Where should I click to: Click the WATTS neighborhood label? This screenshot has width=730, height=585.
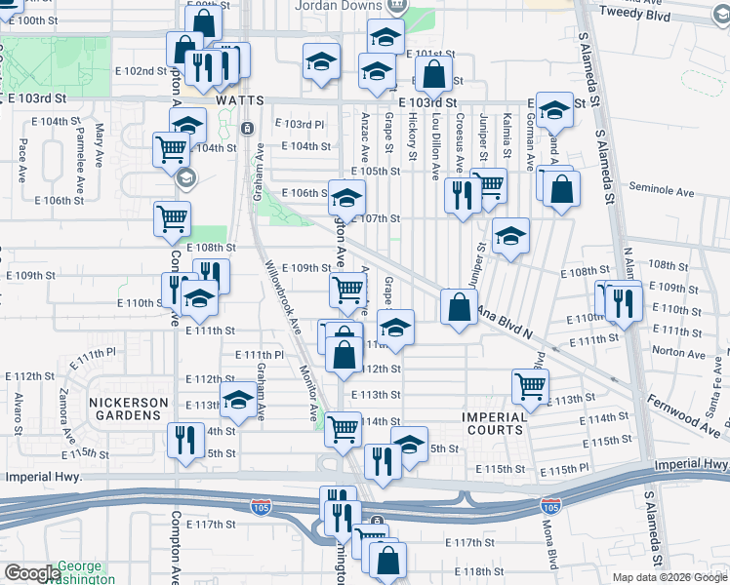[240, 100]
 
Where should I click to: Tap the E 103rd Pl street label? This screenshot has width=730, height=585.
[299, 124]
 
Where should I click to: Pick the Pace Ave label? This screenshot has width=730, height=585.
[22, 161]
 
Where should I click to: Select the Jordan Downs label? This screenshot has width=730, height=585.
[343, 4]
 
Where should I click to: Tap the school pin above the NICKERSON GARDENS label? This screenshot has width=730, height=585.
[237, 397]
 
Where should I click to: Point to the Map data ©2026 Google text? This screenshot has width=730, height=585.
[669, 576]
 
